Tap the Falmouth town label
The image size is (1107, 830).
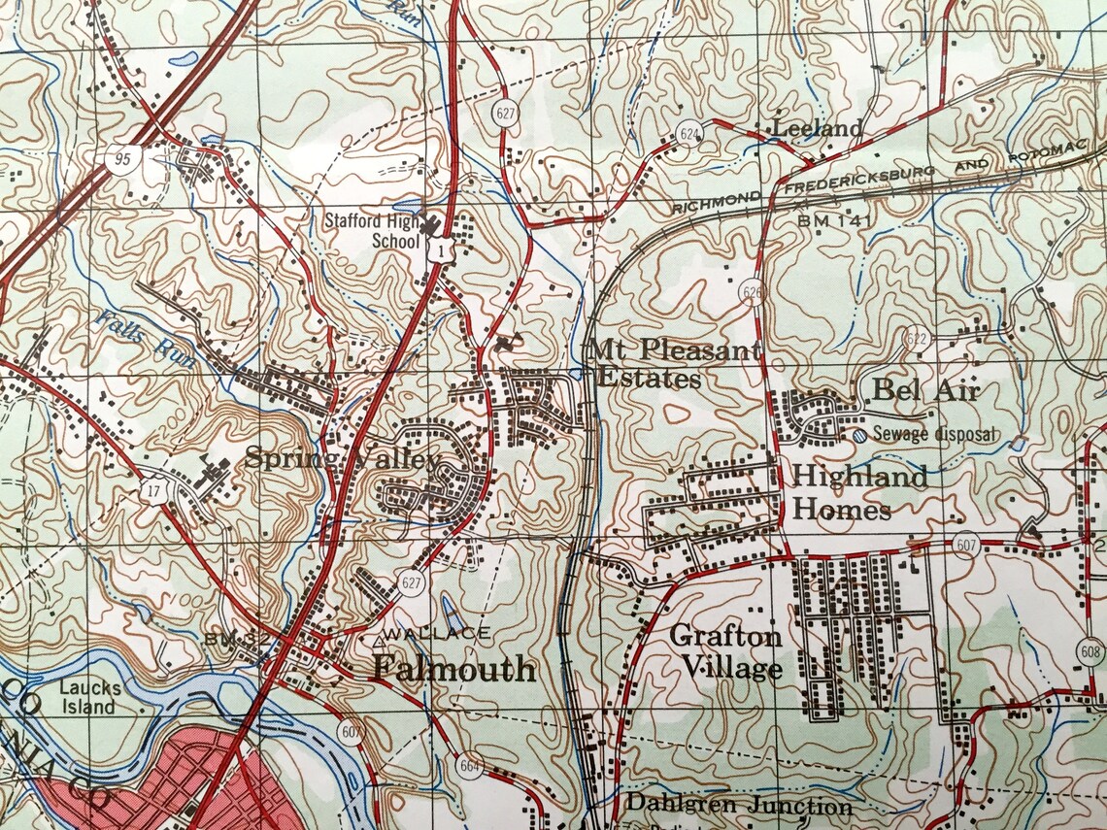(454, 668)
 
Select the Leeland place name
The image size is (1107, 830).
(817, 128)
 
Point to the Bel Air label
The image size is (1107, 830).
(925, 390)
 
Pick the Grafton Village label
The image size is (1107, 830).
(727, 651)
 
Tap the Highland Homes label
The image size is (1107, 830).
(859, 492)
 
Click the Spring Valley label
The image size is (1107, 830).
(342, 458)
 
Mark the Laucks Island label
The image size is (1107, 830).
(89, 697)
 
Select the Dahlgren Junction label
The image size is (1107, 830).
(738, 805)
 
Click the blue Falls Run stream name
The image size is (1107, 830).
(146, 342)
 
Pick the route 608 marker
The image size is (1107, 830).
(1092, 652)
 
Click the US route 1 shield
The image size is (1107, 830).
(441, 251)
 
